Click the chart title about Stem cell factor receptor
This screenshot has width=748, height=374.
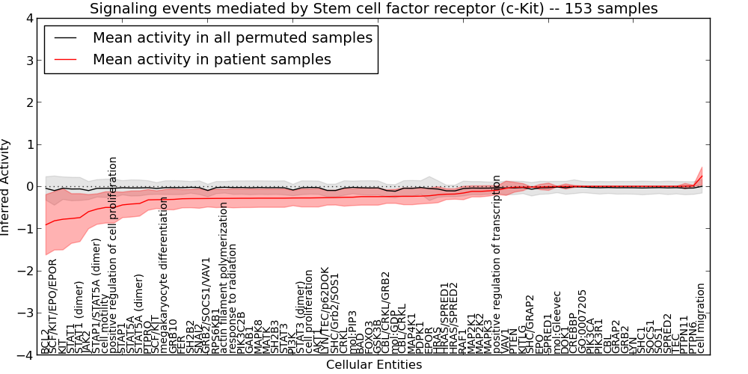[x=374, y=9]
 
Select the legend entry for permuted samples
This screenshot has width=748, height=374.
[x=232, y=37]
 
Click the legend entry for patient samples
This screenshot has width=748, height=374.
[x=212, y=59]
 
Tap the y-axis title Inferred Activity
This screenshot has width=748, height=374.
[x=6, y=186]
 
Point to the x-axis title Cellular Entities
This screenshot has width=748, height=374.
[x=374, y=365]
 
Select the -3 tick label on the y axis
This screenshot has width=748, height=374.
[x=26, y=313]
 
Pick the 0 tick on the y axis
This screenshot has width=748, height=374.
[x=29, y=186]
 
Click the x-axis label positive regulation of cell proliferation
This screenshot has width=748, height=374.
[x=114, y=254]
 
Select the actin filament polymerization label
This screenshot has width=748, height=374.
[x=223, y=277]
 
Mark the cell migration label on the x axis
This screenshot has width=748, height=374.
[x=701, y=317]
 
